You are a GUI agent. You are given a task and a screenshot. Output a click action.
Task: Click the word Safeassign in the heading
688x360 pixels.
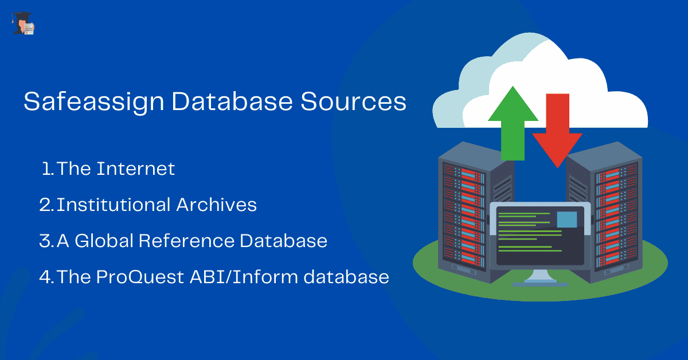(94, 102)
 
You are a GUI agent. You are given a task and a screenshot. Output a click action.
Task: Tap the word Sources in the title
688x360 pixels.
(353, 101)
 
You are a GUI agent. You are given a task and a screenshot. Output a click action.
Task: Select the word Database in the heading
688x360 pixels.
(232, 101)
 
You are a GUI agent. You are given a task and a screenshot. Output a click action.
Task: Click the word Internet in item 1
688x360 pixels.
(136, 169)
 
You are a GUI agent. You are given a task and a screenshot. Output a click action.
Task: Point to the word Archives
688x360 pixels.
(217, 205)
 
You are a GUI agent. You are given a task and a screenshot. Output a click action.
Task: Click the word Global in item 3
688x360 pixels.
(104, 241)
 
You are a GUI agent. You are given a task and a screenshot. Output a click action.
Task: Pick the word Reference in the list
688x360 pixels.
(187, 241)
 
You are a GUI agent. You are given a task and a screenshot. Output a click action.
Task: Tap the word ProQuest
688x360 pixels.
(140, 277)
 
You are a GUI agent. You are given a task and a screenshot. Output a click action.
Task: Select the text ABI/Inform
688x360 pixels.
(244, 277)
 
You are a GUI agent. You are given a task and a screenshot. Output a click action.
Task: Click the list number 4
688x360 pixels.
(46, 277)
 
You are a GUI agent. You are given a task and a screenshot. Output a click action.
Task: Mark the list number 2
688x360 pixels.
(46, 205)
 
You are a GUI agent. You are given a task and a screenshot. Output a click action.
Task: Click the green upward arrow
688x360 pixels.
(513, 123)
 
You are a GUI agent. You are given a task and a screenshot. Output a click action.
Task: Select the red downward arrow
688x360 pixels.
(557, 131)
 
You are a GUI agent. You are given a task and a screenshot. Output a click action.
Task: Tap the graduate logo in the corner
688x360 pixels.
(23, 23)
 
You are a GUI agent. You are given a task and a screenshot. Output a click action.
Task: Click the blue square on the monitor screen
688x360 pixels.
(567, 220)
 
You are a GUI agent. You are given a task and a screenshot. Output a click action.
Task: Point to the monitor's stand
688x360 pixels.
(540, 277)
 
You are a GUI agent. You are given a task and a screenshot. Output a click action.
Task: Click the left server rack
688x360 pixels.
(476, 213)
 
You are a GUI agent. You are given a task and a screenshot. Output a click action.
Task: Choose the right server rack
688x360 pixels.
(604, 213)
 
